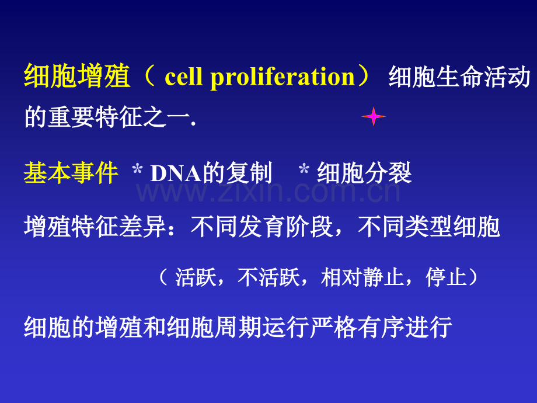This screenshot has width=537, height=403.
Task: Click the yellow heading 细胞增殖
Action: (77, 76)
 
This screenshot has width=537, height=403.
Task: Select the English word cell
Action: (183, 76)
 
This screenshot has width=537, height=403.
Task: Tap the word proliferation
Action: (283, 78)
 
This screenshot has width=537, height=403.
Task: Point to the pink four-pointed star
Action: (374, 116)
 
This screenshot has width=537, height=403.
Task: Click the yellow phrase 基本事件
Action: (71, 173)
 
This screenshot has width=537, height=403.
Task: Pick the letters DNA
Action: (176, 173)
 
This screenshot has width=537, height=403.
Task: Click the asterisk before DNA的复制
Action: (137, 169)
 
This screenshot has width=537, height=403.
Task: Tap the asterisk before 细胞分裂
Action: (304, 169)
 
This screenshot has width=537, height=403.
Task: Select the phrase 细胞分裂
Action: (364, 173)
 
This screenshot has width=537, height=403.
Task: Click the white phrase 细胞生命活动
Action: (459, 77)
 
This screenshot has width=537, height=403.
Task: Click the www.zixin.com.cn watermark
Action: (268, 192)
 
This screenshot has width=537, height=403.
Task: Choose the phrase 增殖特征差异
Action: (95, 227)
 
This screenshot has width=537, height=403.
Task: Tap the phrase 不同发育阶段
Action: (261, 227)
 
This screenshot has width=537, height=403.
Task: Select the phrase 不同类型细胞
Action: (429, 227)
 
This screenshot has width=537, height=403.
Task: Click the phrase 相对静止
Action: (362, 277)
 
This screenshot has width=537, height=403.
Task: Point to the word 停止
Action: (447, 277)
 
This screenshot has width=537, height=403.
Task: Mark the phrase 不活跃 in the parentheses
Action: (269, 277)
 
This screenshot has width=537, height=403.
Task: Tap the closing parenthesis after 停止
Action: (473, 277)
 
